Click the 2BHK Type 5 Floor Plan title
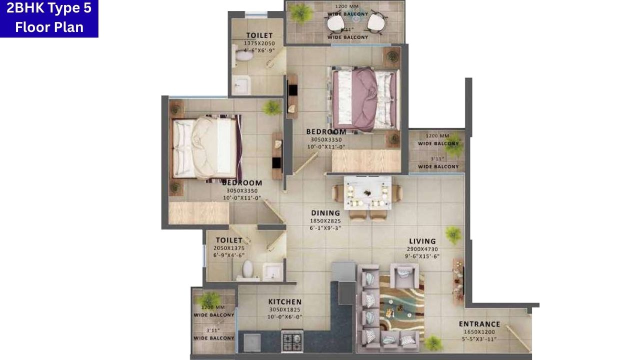point(49,18)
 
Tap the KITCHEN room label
point(284,301)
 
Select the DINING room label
point(325,213)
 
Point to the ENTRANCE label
point(479,324)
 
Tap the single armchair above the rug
point(404,275)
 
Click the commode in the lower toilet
point(247,270)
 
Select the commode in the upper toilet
point(243,55)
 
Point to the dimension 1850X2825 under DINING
point(325,220)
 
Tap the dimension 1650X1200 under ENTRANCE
point(479,332)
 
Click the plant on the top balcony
point(301,13)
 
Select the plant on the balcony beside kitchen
point(210,299)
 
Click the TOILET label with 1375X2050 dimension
point(259,35)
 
